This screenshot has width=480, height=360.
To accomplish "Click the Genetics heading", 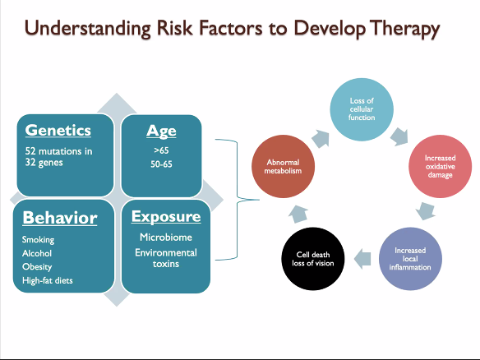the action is (58, 131).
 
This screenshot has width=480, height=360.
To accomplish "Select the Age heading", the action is (161, 132).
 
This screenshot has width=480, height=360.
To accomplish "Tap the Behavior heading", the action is (60, 218).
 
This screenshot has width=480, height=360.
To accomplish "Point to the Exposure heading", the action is (166, 216).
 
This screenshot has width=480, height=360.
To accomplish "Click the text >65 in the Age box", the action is (161, 150).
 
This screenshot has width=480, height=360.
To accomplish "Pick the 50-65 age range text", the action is (161, 164).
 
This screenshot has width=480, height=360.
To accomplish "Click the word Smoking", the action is (39, 240).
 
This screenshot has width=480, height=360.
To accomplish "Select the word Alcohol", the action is (37, 253).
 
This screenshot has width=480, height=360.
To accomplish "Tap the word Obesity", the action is (37, 266).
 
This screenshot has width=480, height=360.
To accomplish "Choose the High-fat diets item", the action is (48, 280).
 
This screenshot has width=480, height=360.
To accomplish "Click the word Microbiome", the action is (166, 238).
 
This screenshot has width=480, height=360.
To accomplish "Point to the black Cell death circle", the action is (313, 259).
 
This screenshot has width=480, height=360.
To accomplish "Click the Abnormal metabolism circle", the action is (284, 167).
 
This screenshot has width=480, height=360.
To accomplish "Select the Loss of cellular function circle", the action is (362, 109).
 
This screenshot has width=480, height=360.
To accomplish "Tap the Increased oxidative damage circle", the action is (441, 167).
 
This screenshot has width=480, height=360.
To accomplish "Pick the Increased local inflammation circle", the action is (410, 259).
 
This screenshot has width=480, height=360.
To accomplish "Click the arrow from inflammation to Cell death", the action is (362, 259).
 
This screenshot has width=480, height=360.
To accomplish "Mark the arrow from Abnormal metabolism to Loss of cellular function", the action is (321, 139).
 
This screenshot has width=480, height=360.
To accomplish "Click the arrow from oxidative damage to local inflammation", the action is (425, 210).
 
